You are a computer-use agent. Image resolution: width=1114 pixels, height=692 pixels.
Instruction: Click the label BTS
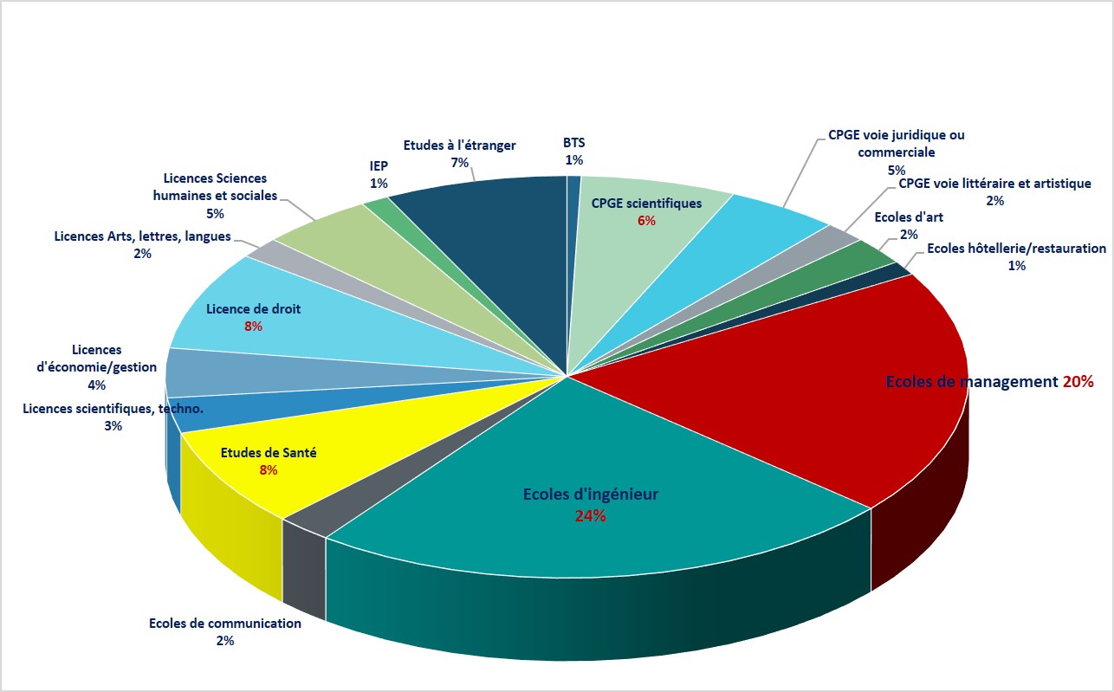pos(573,143)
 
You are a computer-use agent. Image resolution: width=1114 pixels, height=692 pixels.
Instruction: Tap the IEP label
pos(379,165)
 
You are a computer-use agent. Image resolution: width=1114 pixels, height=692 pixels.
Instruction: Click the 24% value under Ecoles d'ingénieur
pos(590,516)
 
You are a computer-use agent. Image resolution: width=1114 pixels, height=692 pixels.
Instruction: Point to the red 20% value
pos(1078,382)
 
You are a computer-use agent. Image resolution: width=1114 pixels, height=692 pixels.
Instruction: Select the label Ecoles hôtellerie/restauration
pos(1016,249)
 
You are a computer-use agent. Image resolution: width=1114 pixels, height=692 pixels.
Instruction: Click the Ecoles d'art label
pos(909,217)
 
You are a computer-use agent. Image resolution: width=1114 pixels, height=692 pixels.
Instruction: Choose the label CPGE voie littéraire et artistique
pos(994,184)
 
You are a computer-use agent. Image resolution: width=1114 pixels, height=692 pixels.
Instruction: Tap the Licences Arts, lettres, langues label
pos(142,236)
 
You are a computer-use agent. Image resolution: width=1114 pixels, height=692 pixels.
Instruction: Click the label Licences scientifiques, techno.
pos(113,408)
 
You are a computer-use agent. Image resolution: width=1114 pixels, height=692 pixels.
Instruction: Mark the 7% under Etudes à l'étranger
pos(459,163)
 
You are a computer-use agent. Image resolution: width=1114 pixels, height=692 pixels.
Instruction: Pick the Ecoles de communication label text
pos(225,624)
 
